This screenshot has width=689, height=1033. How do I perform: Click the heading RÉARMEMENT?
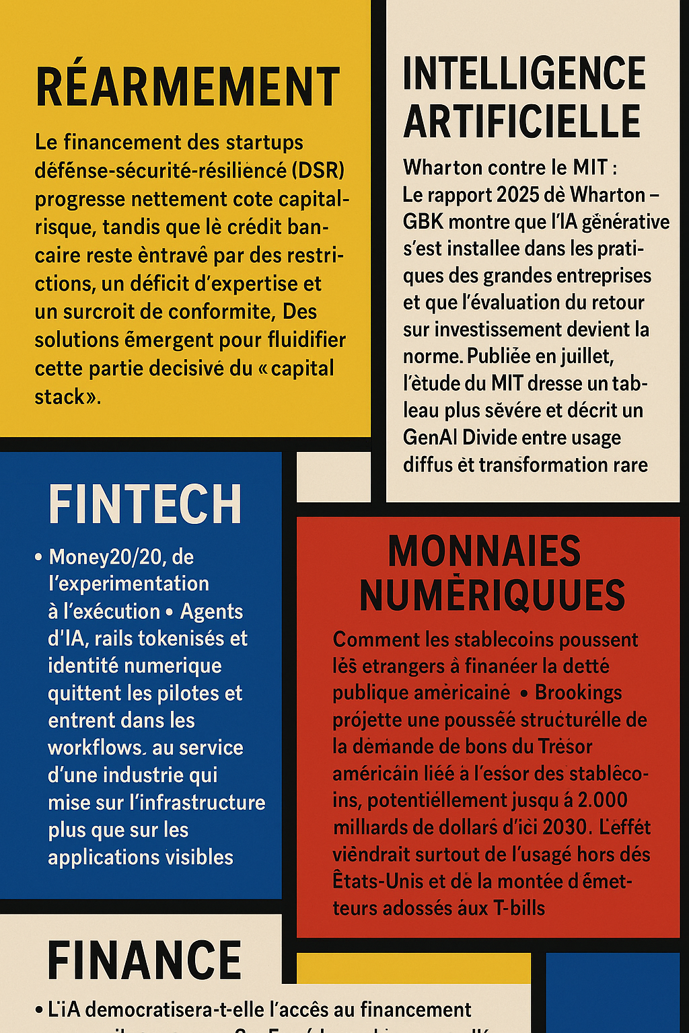[188, 87]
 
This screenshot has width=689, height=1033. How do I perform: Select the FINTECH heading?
[145, 504]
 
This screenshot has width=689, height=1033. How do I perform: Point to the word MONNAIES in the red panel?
[484, 551]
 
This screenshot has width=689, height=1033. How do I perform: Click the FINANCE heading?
[145, 960]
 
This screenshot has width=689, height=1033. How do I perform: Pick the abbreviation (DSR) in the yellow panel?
[318, 171]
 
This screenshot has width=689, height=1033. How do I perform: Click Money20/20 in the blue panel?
[107, 557]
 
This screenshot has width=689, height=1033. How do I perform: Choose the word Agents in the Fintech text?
[211, 611]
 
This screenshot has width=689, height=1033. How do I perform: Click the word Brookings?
[578, 693]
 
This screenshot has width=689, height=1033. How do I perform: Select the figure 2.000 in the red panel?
[602, 800]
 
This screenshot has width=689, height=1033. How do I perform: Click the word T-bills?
[519, 909]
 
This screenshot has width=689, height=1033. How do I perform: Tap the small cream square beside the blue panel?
[334, 477]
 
